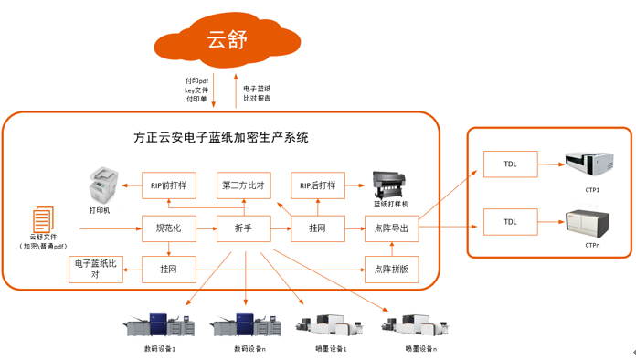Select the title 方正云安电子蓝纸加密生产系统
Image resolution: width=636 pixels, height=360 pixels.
click(221, 138)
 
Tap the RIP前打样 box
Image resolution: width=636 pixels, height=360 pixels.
click(169, 185)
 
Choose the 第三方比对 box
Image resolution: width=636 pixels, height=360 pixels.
click(243, 185)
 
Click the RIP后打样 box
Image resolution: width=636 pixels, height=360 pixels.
click(318, 185)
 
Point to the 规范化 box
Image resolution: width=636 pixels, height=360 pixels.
click(169, 228)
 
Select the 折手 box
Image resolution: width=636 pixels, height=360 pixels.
click(243, 228)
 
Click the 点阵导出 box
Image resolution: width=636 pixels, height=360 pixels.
click(392, 228)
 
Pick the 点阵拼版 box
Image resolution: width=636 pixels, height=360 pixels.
click(392, 269)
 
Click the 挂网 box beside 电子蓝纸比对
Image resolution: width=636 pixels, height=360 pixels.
click(169, 269)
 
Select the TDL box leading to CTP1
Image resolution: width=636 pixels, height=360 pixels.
click(510, 165)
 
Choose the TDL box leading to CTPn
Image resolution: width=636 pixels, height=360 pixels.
click(510, 221)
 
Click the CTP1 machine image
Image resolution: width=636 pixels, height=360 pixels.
click(591, 164)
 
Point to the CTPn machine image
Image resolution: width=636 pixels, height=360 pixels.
click(591, 222)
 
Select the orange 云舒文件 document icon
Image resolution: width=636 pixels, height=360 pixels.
click(43, 220)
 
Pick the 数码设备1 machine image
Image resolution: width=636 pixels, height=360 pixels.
click(161, 324)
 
